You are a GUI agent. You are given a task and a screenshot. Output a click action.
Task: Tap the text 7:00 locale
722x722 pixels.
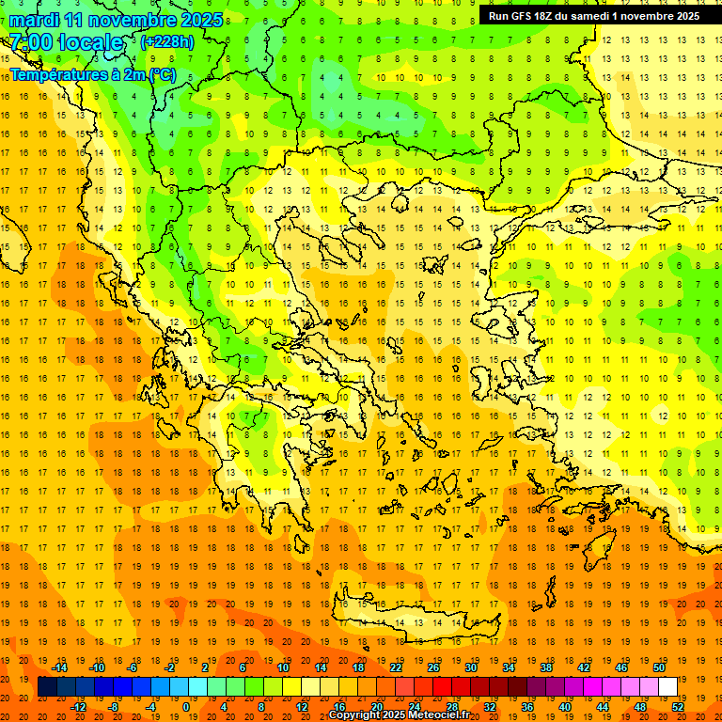click(66, 42)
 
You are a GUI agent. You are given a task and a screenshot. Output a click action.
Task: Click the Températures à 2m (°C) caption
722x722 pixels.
click(92, 74)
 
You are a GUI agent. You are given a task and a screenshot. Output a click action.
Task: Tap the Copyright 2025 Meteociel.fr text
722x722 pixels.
click(399, 715)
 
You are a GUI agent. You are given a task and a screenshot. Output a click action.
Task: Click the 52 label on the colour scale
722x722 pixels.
click(679, 707)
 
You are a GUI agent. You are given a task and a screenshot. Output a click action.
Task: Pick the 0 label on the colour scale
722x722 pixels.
click(185, 707)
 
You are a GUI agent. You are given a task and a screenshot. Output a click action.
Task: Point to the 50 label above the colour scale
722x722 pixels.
click(660, 667)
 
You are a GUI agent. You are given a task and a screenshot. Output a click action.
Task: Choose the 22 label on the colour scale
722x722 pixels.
click(396, 667)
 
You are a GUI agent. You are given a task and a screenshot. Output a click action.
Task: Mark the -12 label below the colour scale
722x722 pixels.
click(78, 707)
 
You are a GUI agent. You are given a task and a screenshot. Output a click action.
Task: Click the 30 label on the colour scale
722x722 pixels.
click(471, 667)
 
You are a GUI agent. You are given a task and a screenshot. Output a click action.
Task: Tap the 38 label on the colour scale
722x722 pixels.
click(546, 667)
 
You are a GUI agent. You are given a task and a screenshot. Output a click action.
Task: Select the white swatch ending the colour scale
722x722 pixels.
click(668, 687)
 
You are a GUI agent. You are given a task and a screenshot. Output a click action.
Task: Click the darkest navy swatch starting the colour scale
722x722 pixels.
click(47, 687)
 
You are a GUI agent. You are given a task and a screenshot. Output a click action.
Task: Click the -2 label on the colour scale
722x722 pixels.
click(171, 667)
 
